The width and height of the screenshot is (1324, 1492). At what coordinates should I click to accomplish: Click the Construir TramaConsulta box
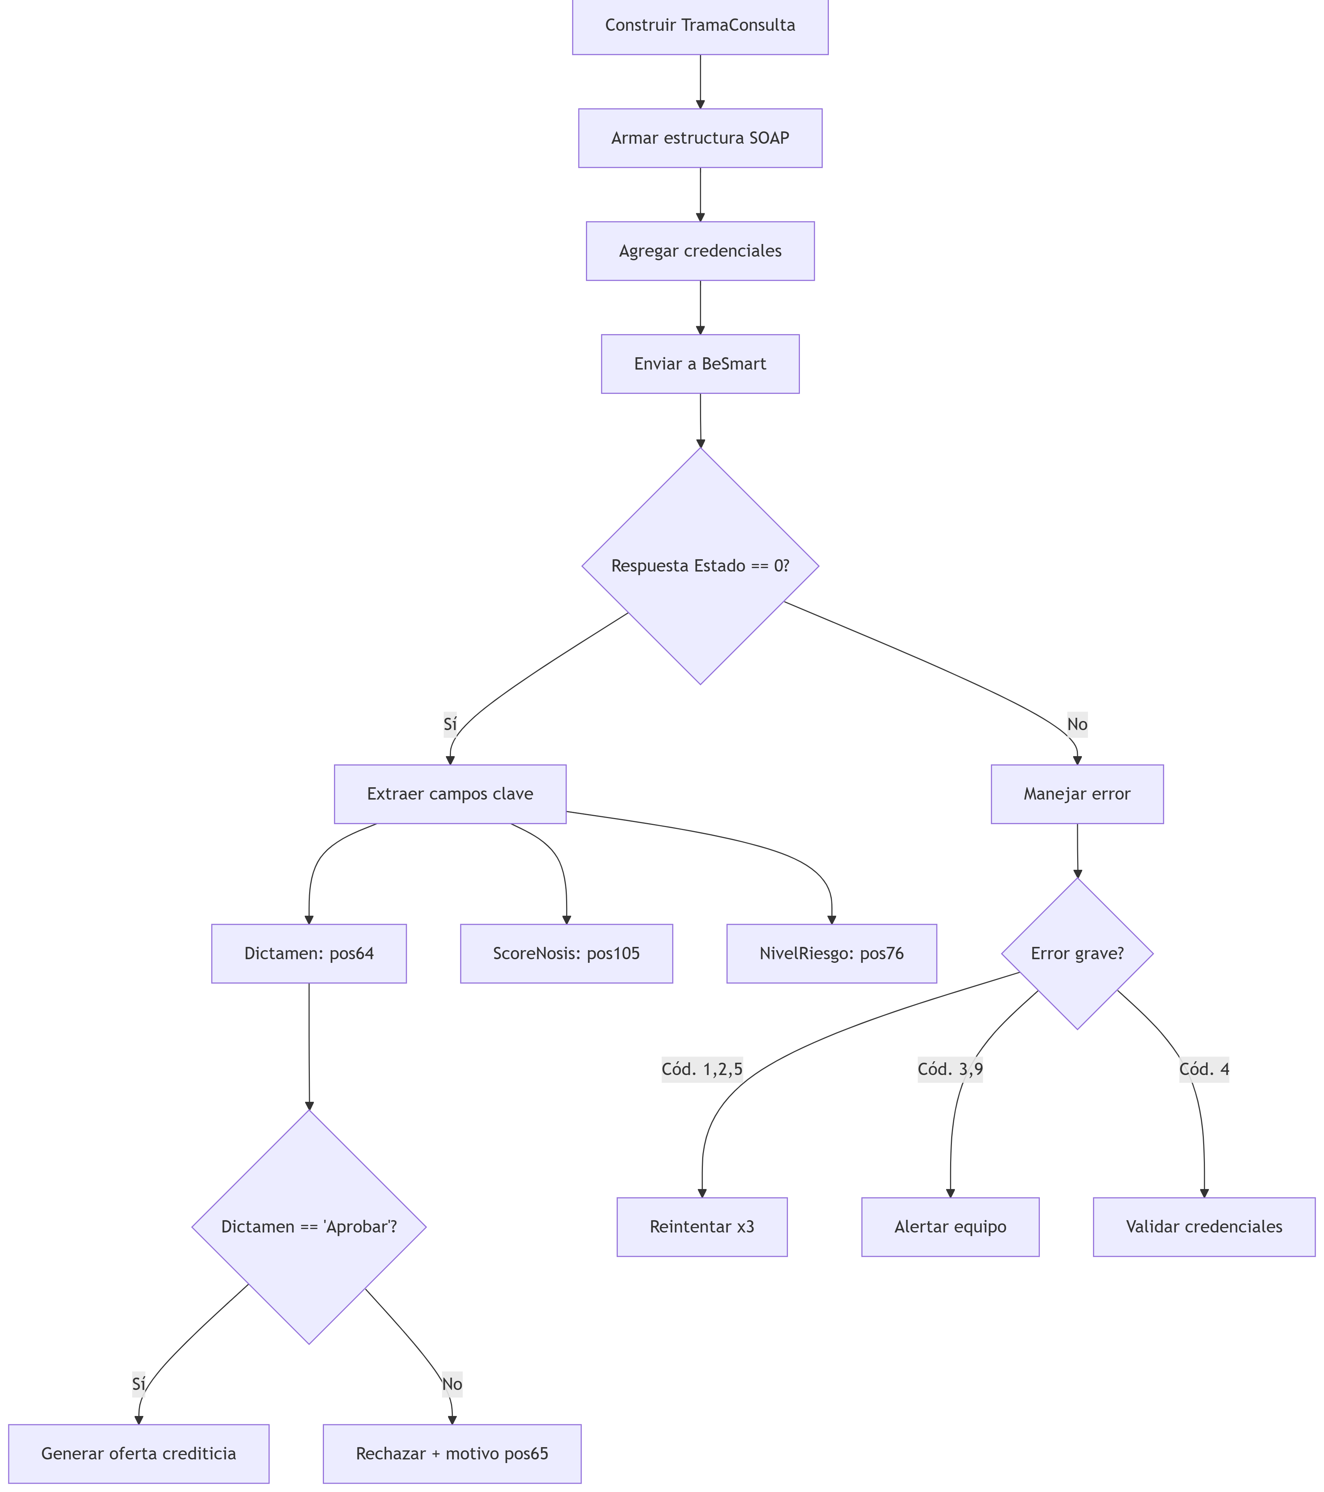[x=700, y=26]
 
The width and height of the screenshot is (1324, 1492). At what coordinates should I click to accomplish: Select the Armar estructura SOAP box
[x=700, y=138]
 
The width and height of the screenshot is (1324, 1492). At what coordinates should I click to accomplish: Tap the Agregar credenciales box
[x=700, y=251]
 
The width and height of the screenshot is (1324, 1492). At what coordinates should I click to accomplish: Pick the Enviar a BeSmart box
[x=700, y=363]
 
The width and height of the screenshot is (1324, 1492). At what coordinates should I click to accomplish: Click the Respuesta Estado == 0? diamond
[x=700, y=566]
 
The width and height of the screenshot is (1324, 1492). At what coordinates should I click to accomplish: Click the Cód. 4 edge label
[x=1203, y=1069]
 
